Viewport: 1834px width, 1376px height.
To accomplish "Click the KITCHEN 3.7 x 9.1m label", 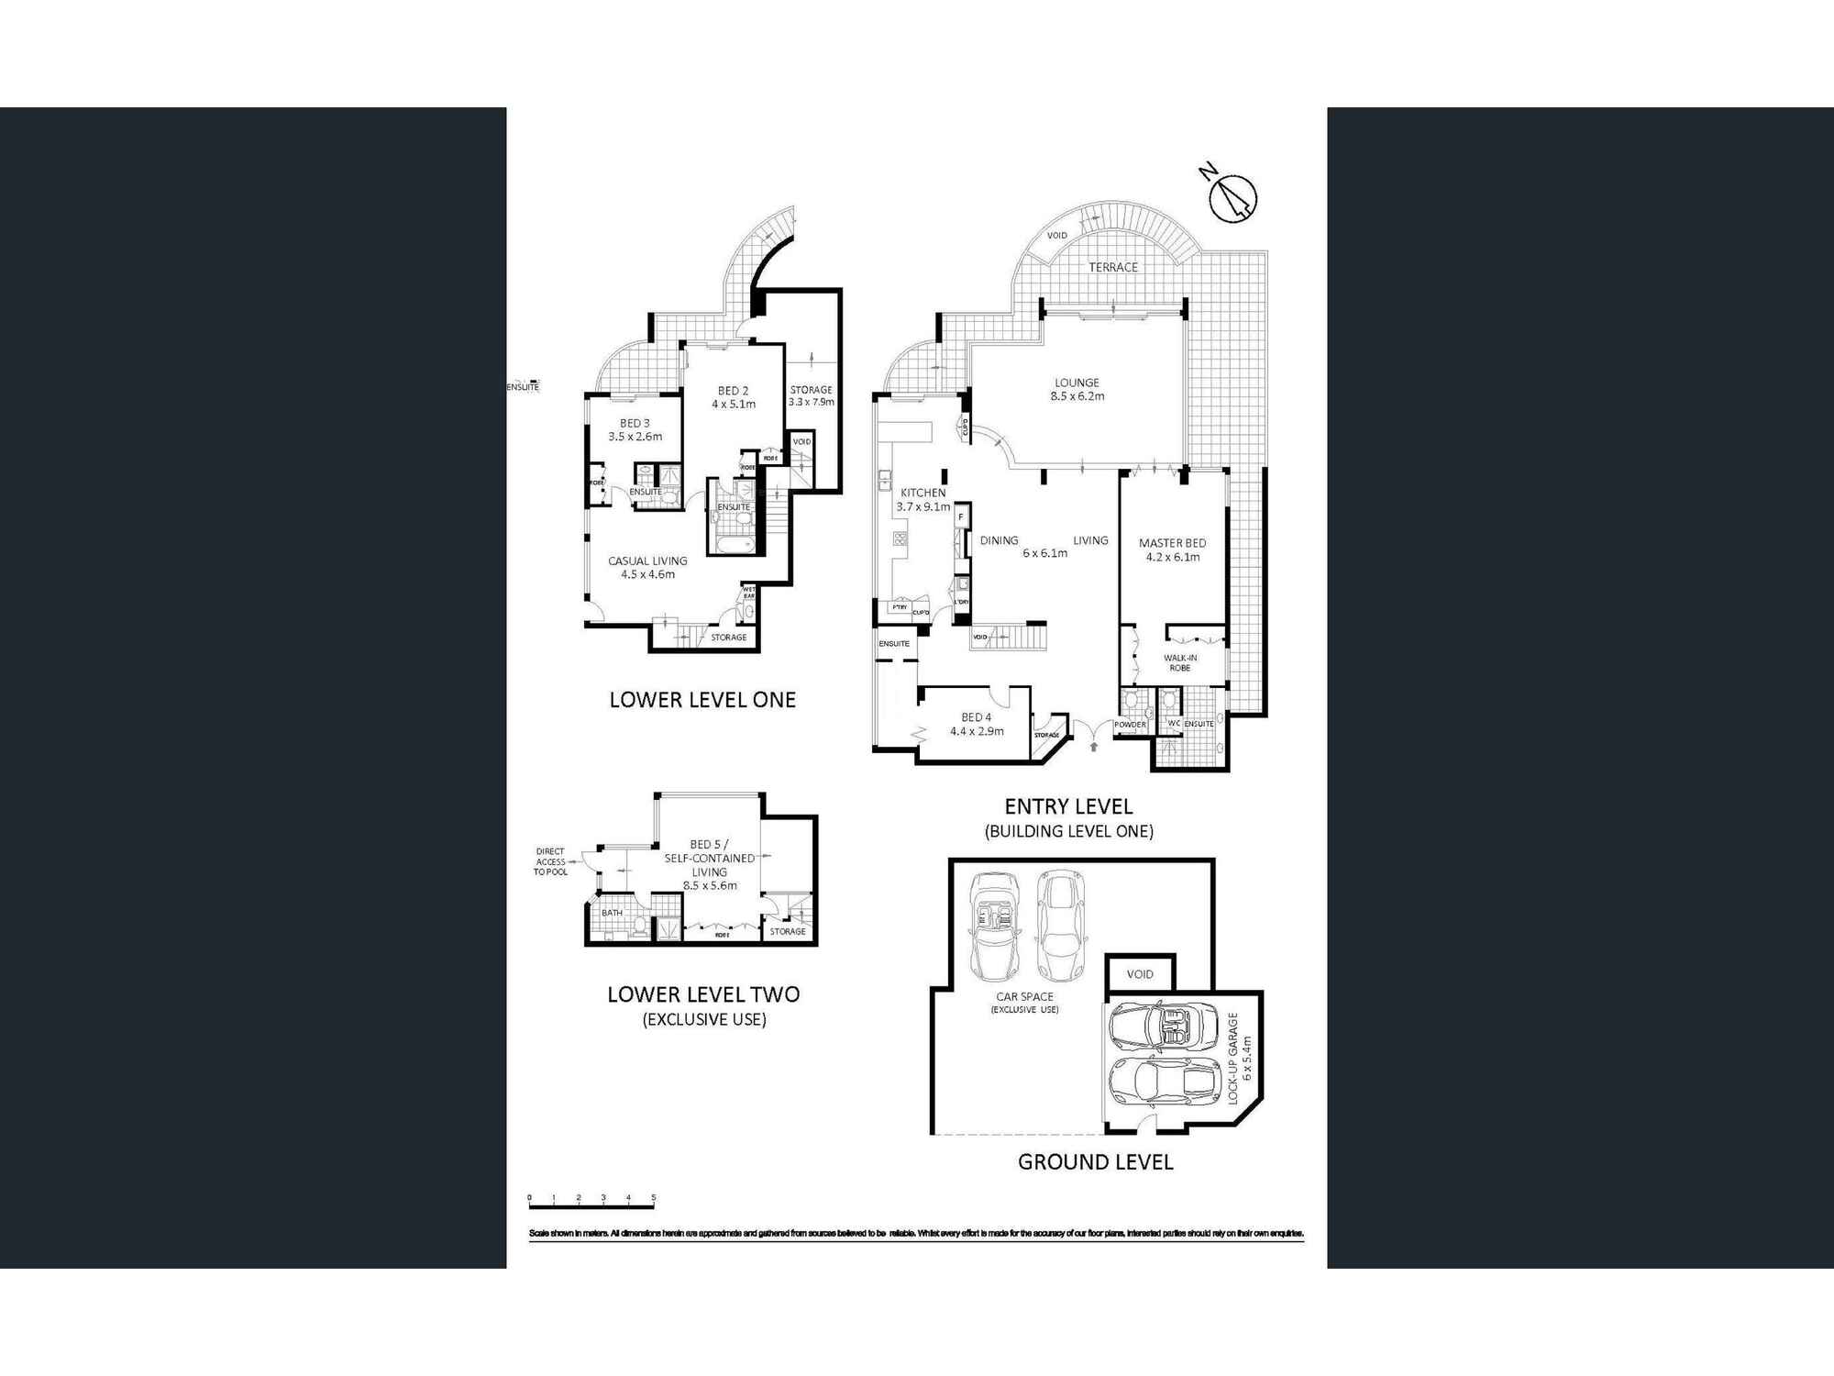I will pyautogui.click(x=923, y=500).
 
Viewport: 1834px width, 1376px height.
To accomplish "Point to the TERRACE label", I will pyautogui.click(x=1112, y=267).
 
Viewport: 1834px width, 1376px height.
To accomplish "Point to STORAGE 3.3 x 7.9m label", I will pyautogui.click(x=812, y=395).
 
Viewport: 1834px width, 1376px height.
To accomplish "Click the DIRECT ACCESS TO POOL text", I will pyautogui.click(x=550, y=861).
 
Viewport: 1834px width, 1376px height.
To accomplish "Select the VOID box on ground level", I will pyautogui.click(x=1140, y=974).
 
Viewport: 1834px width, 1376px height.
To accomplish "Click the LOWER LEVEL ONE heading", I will pyautogui.click(x=702, y=700).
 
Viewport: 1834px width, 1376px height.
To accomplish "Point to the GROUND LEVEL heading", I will pyautogui.click(x=1095, y=1162).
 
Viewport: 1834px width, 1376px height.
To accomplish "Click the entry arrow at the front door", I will pyautogui.click(x=1093, y=747).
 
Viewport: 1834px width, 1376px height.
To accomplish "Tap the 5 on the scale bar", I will pyautogui.click(x=654, y=1197).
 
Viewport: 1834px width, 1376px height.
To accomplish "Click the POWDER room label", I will pyautogui.click(x=1130, y=725).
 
